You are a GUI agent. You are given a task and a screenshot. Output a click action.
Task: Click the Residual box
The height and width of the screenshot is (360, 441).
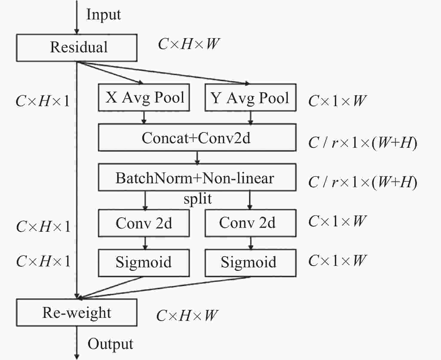[x=76, y=48]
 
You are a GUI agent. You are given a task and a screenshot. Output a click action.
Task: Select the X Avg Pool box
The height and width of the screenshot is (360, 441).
[x=144, y=97]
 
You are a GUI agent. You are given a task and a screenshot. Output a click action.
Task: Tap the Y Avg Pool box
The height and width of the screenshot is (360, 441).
[x=250, y=97]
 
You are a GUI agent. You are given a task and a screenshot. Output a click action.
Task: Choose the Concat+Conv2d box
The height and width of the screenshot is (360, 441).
[x=197, y=138]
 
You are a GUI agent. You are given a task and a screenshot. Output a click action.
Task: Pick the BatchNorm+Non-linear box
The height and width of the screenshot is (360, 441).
[x=197, y=177]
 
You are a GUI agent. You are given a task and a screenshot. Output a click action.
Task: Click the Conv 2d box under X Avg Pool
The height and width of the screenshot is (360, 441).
[x=144, y=223]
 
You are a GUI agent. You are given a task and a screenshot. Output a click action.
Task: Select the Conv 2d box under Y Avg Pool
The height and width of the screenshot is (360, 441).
[x=250, y=223]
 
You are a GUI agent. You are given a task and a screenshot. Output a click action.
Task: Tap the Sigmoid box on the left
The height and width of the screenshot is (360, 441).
[x=144, y=263]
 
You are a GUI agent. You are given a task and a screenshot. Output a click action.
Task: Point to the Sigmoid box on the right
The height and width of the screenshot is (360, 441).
[x=250, y=263]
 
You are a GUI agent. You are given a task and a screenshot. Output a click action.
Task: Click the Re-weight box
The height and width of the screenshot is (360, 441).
[x=76, y=312]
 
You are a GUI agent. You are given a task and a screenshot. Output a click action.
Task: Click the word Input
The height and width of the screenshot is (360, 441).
[x=103, y=14]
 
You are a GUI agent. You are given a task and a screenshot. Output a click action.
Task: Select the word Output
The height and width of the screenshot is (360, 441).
[x=110, y=344]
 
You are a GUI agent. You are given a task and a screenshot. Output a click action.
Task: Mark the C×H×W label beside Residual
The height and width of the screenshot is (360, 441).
[x=189, y=44]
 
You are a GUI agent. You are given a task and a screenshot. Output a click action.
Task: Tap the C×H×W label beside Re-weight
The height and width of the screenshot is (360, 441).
[x=187, y=315]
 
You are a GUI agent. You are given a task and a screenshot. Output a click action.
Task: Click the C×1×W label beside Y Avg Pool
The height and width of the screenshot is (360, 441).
[x=337, y=101]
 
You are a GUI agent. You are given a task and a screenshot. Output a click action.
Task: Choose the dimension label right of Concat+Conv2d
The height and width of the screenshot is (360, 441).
[x=362, y=143]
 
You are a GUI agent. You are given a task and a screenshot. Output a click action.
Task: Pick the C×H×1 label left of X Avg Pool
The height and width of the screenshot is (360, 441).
[x=42, y=101]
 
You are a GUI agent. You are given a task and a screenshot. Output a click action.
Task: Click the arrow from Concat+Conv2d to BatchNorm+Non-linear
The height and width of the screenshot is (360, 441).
[x=197, y=157]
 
